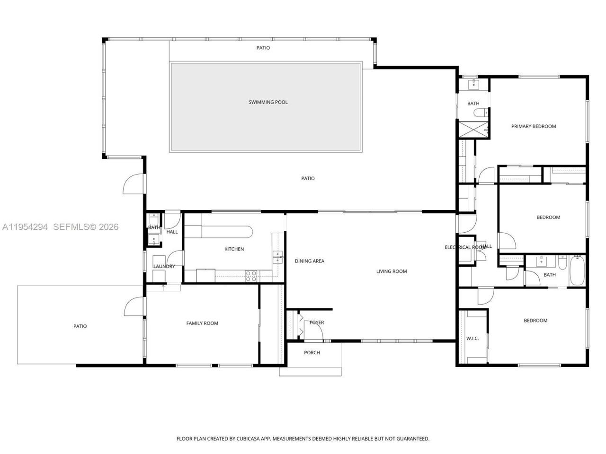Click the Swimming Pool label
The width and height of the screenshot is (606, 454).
click(x=268, y=102)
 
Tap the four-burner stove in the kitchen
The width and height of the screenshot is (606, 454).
click(x=251, y=276)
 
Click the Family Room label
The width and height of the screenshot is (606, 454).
click(x=202, y=323)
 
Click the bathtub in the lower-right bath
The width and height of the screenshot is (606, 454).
click(x=577, y=271)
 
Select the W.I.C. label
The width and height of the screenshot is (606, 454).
click(x=472, y=339)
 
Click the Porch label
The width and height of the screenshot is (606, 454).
click(x=312, y=353)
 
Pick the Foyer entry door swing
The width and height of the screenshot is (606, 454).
click(x=314, y=331)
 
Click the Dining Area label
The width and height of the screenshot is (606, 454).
click(x=310, y=261)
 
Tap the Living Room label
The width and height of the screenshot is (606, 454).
click(x=392, y=271)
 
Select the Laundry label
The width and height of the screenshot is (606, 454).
click(x=164, y=267)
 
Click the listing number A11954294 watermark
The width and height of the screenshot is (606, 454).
click(x=25, y=227)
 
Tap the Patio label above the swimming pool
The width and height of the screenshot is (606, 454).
click(x=263, y=48)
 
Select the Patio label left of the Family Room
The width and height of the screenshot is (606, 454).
click(x=80, y=326)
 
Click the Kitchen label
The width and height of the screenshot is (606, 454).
click(x=234, y=249)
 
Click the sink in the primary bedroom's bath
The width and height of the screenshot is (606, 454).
click(x=473, y=85)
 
